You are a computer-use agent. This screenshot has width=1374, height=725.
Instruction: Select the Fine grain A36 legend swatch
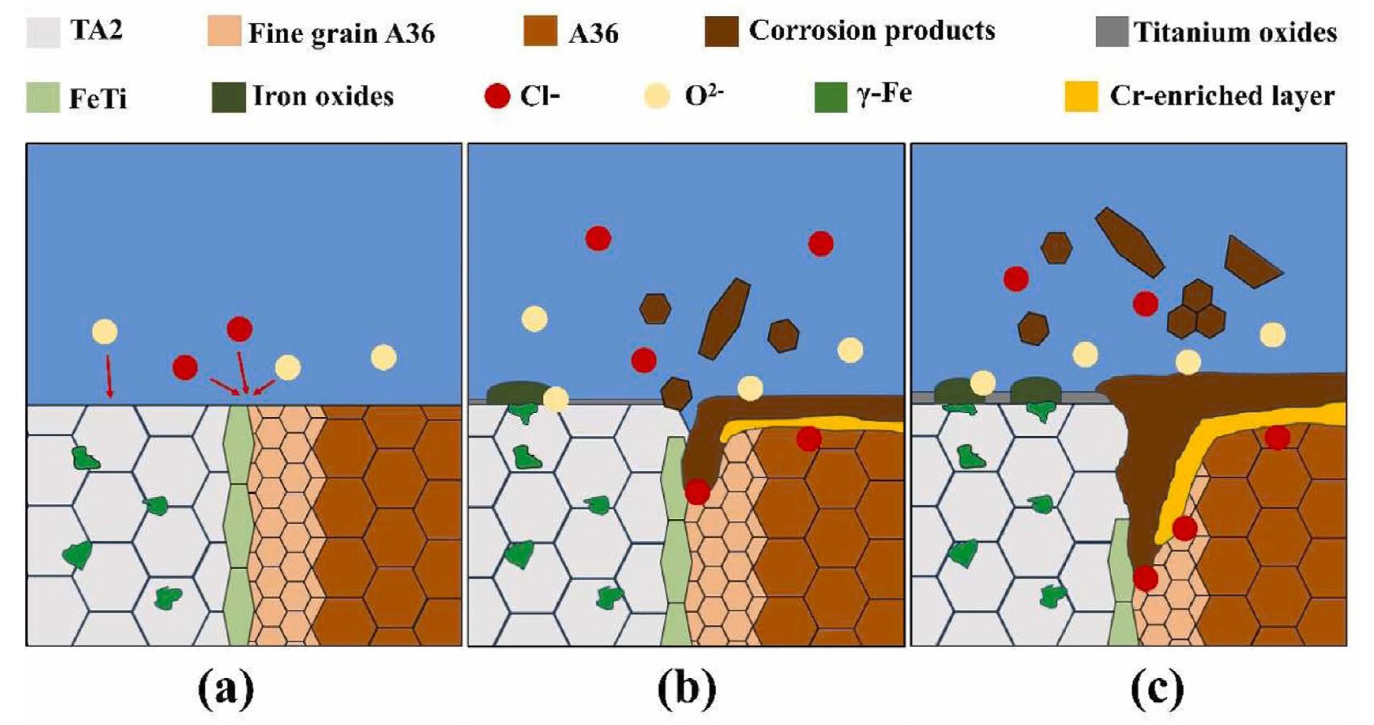224,31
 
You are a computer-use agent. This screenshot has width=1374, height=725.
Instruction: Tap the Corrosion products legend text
872,31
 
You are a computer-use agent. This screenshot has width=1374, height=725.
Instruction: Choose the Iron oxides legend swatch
228,97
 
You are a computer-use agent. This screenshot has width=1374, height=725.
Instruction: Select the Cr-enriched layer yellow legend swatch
1081,97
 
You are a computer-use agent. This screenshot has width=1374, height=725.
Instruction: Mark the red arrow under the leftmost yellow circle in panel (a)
109,377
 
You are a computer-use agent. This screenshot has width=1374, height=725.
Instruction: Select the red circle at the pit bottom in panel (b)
697,491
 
